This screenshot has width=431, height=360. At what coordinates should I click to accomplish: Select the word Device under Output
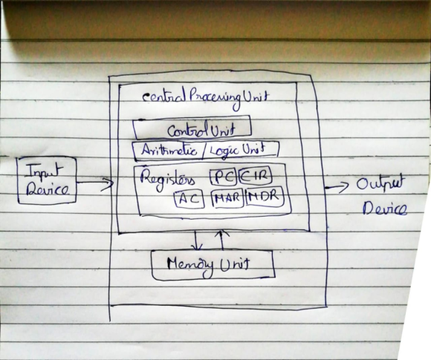tap(384, 209)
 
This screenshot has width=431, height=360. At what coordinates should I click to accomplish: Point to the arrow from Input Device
tap(95, 183)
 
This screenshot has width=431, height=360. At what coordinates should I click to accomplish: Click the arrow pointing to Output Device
tap(337, 187)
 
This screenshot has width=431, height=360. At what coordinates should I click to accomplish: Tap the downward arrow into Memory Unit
tap(197, 240)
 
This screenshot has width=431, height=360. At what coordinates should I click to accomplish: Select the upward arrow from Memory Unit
tap(222, 240)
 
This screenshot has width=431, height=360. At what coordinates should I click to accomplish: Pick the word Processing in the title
tap(215, 98)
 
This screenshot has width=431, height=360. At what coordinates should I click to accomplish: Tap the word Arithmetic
tap(169, 150)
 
